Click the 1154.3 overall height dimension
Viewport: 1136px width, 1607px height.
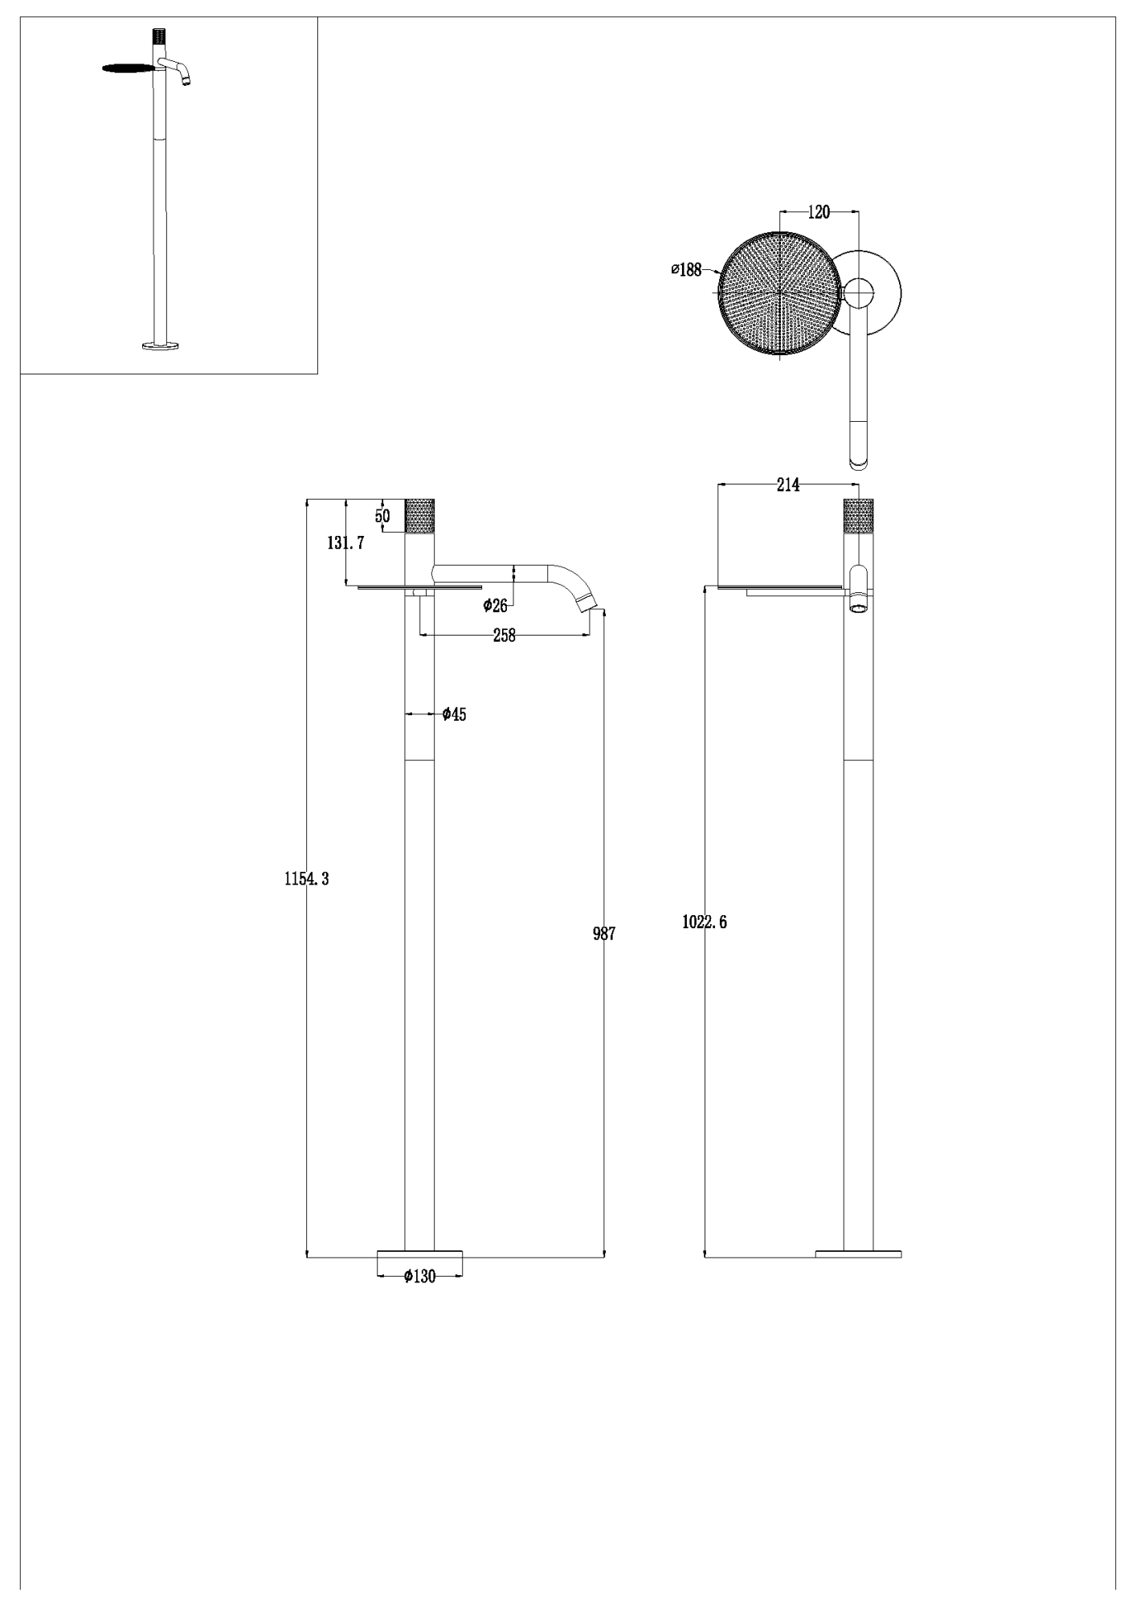click(x=307, y=879)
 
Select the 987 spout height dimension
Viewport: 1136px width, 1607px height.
click(x=604, y=934)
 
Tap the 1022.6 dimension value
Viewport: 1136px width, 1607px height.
click(x=705, y=922)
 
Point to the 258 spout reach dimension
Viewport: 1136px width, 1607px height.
click(x=504, y=636)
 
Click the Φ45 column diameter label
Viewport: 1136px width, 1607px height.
click(x=454, y=714)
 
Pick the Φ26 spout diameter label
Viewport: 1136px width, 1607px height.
click(x=495, y=606)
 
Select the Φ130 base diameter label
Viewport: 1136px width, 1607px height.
click(x=419, y=1277)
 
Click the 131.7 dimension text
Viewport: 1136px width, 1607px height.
click(x=345, y=543)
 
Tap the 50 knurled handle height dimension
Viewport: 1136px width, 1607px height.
click(x=382, y=516)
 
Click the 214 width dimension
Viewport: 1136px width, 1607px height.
click(x=788, y=485)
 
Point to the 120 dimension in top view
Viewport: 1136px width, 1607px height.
click(x=819, y=212)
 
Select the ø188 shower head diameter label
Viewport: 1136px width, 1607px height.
click(x=686, y=270)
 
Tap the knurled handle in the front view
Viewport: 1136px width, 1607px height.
click(x=419, y=516)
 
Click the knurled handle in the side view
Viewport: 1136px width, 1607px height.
click(x=858, y=516)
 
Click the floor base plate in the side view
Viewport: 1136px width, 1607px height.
click(x=858, y=1253)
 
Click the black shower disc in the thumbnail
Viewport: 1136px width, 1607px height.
click(x=128, y=68)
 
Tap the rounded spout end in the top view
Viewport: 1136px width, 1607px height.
click(x=859, y=460)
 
